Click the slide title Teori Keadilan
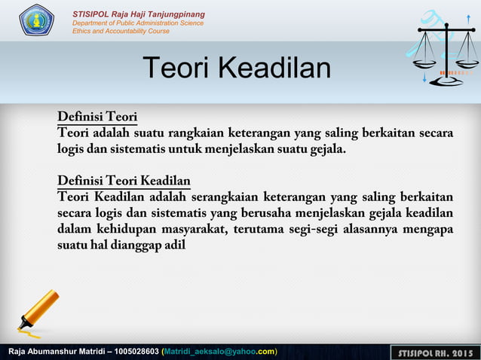[237, 69]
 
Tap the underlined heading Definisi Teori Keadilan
[124, 181]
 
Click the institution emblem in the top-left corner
[36, 20]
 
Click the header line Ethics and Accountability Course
[121, 31]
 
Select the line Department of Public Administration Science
[137, 23]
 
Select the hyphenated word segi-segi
[310, 229]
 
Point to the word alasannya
[369, 229]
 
